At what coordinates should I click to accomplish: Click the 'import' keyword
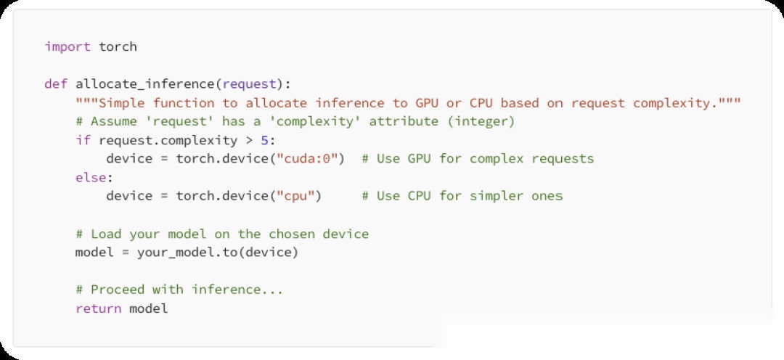(x=68, y=46)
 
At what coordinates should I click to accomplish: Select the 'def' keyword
(x=56, y=84)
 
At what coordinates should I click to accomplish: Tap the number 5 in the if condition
(x=264, y=140)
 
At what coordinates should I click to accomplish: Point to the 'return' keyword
(x=98, y=308)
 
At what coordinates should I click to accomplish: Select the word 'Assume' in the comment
(x=113, y=121)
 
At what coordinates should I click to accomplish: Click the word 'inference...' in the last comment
(x=237, y=290)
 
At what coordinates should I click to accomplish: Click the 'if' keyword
(x=83, y=140)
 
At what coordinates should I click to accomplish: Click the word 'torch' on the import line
(x=118, y=46)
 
